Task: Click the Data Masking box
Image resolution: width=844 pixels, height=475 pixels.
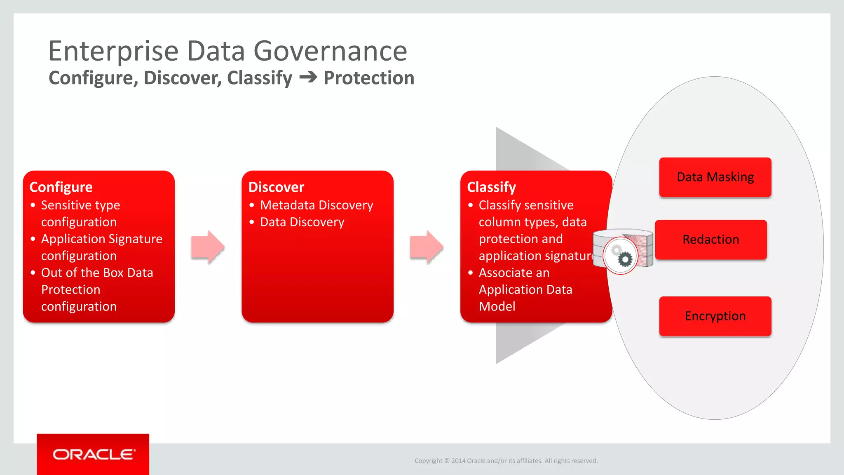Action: coord(715,177)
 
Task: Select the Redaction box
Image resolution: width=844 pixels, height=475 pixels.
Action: coord(711,240)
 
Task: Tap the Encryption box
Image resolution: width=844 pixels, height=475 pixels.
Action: coord(715,316)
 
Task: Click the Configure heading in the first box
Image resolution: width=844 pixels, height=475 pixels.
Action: coord(61,187)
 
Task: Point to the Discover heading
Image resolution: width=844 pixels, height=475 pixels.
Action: coord(276,187)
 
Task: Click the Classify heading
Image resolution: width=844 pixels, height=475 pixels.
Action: coord(491,187)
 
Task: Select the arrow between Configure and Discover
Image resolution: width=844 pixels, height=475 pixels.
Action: coord(208,247)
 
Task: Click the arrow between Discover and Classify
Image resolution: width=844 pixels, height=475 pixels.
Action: coord(427,247)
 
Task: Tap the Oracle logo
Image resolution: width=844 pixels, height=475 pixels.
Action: coord(93,454)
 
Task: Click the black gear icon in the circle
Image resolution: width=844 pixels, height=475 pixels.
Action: coord(625,259)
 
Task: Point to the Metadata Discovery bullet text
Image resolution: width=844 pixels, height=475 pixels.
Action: coord(316,205)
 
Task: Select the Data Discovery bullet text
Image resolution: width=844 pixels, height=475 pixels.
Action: coord(302,222)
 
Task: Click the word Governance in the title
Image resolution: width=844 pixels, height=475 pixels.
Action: coord(330,51)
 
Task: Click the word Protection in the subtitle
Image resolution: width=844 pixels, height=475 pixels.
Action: coord(369,78)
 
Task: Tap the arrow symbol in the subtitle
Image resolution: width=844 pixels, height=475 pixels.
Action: coord(308,78)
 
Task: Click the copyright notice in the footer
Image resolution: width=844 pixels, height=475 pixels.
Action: coord(506,461)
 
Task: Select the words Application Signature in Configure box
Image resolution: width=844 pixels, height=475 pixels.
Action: coord(102,239)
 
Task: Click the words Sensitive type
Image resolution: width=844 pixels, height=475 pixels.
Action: coord(80,205)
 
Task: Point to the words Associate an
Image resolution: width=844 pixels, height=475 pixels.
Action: coord(514,273)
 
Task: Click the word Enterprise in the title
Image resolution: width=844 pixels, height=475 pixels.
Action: coord(113,51)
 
